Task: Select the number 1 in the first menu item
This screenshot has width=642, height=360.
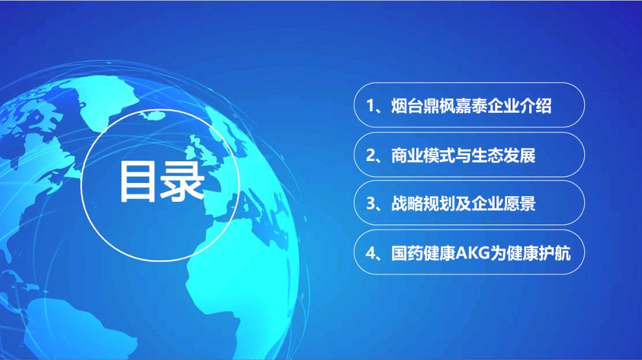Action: pyautogui.click(x=370, y=106)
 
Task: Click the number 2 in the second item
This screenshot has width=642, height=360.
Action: pyautogui.click(x=370, y=155)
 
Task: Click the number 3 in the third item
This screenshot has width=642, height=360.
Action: pyautogui.click(x=370, y=204)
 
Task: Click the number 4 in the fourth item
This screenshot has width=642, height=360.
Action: pyautogui.click(x=370, y=253)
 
